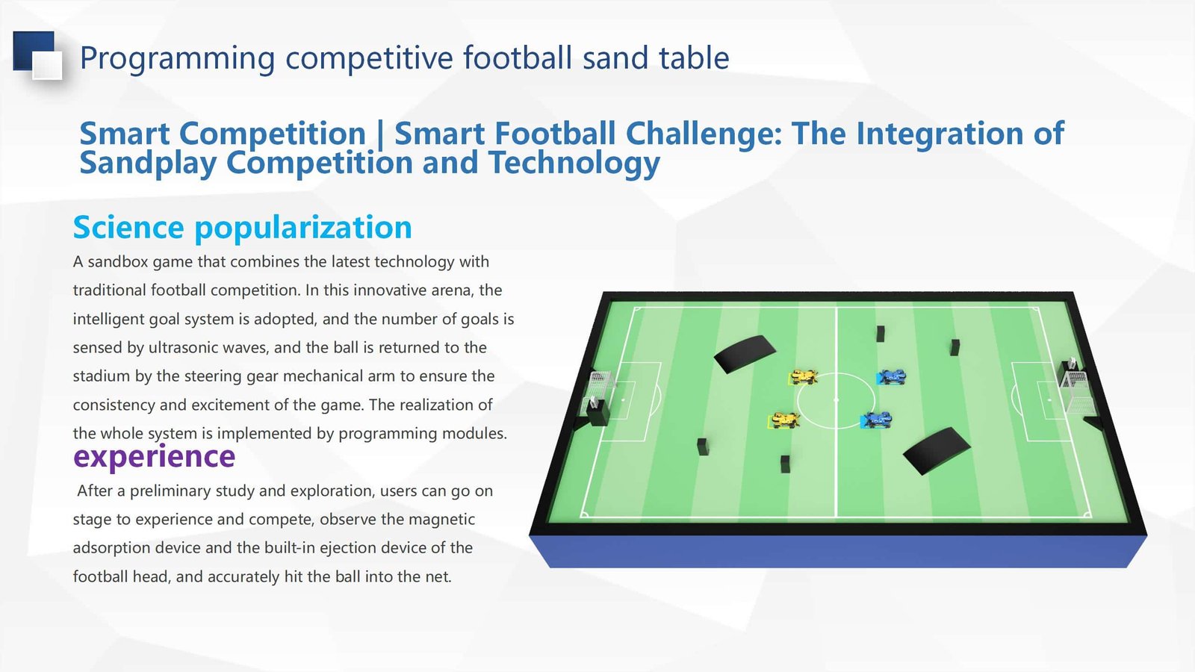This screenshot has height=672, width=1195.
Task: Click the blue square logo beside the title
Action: [x=37, y=55]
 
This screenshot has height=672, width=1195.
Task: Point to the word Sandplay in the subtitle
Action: [x=148, y=163]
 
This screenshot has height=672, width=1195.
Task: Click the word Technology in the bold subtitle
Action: [x=574, y=163]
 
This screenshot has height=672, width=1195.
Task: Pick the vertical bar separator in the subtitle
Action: [x=380, y=134]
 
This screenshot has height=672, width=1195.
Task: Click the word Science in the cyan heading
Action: [x=128, y=227]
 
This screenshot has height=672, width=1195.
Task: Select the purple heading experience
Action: [x=154, y=457]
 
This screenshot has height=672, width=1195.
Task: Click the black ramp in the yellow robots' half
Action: [x=745, y=354]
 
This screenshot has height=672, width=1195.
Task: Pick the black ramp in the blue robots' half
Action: [x=937, y=451]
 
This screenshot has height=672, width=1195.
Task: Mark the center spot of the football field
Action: [x=836, y=400]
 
